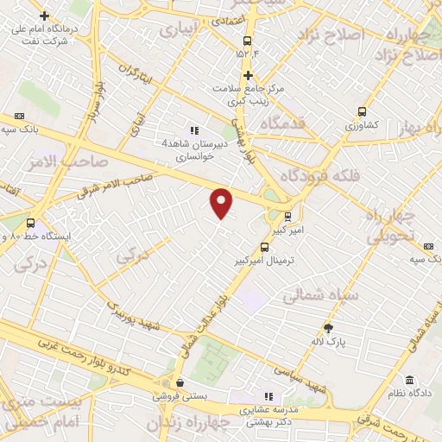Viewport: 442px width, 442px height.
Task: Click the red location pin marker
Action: coord(222,203)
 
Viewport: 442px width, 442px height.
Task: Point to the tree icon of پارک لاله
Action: coord(329,327)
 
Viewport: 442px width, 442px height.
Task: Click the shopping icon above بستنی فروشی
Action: coord(179,382)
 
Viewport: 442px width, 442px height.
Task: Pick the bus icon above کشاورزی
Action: coord(362,111)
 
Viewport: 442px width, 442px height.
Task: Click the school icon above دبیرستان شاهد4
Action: coord(181,130)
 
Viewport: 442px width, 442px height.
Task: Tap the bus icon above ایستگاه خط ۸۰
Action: coord(31,223)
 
